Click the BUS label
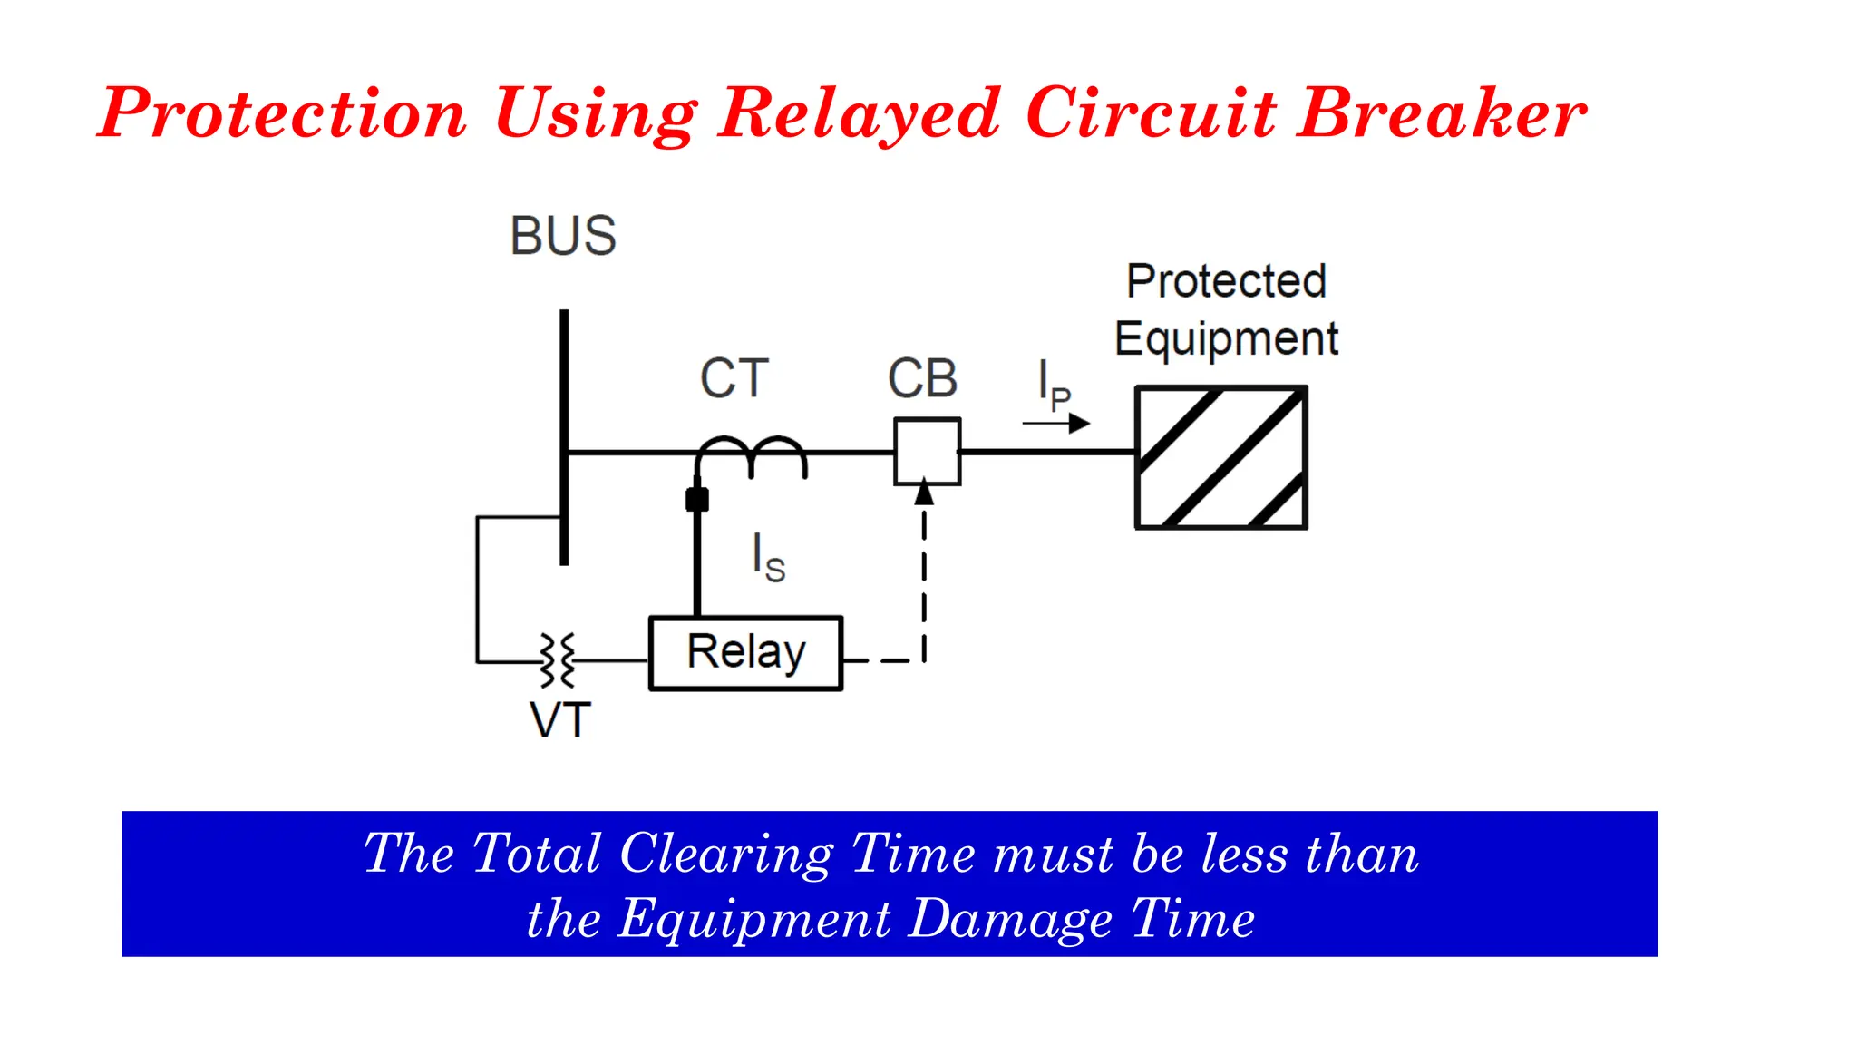pos(563,236)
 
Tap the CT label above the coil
pos(734,378)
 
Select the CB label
pos(922,378)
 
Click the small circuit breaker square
pos(927,451)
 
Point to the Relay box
pos(745,653)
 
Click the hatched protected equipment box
pos(1220,457)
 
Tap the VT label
pos(560,721)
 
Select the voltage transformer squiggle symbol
pos(558,660)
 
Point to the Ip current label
pos(1054,385)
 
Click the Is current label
pos(768,557)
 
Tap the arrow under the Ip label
pos(1056,423)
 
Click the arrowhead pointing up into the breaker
pos(924,493)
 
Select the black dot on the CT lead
pos(696,499)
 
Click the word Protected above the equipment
pos(1226,281)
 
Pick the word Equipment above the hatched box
pos(1226,339)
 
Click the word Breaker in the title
pos(1441,113)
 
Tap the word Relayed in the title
pos(859,113)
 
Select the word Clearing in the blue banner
pos(725,854)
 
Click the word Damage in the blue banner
pos(1010,919)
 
